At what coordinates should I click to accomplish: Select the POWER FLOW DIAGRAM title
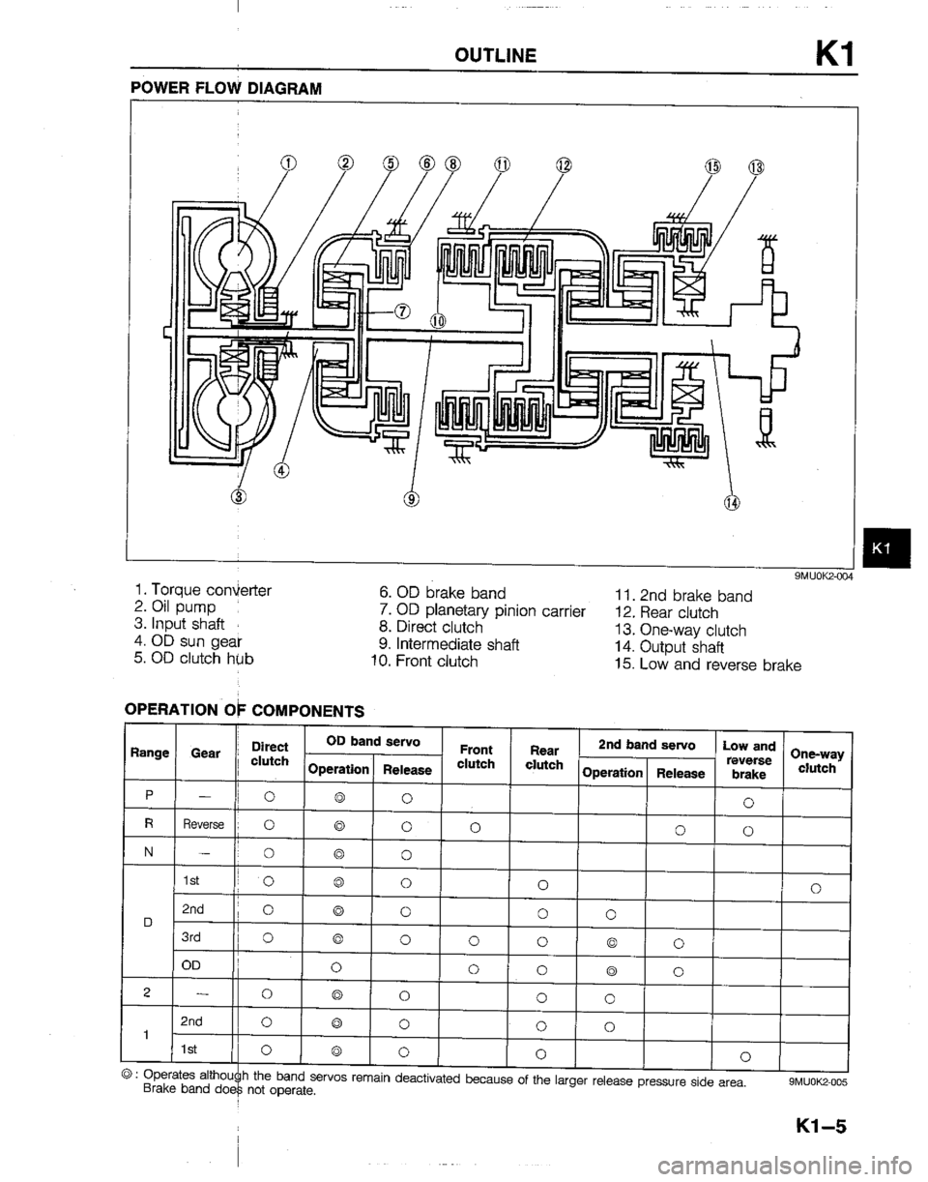pos(224,87)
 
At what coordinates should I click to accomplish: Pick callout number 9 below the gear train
pos(411,499)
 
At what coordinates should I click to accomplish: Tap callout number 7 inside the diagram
pos(402,310)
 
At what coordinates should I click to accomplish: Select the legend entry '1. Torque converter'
pos(204,589)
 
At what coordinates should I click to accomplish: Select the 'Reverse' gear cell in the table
pos(202,826)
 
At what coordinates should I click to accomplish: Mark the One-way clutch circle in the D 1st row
pos(816,886)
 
